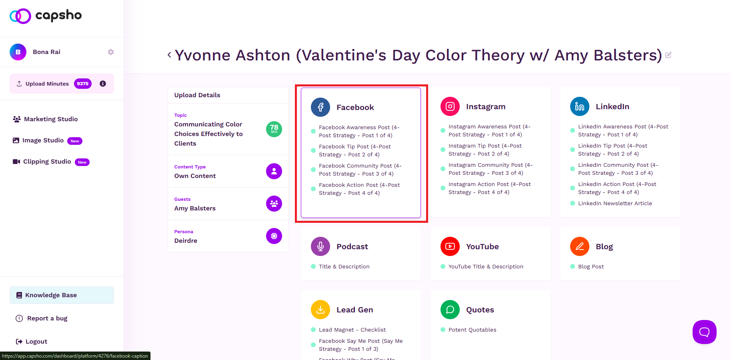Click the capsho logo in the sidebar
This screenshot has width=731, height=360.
(46, 16)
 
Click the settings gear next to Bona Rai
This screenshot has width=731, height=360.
(111, 52)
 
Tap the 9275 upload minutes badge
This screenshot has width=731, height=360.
(83, 84)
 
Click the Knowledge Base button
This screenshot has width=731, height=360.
(62, 295)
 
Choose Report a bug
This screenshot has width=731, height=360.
(42, 318)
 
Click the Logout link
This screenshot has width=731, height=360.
(32, 342)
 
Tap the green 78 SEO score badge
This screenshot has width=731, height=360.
(274, 129)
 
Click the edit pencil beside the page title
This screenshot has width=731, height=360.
(668, 55)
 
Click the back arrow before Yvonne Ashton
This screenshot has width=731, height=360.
(169, 55)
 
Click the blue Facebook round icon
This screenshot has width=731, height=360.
(320, 107)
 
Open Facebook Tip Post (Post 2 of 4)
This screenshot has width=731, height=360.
(355, 151)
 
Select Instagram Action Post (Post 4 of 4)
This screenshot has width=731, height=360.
(490, 188)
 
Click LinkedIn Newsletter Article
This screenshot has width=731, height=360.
(615, 204)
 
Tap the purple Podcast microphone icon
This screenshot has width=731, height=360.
(320, 246)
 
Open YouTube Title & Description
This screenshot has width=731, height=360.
(486, 267)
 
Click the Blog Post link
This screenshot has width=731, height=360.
(591, 267)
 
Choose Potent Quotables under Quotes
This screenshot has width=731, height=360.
(472, 330)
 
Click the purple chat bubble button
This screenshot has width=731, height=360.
(705, 332)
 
